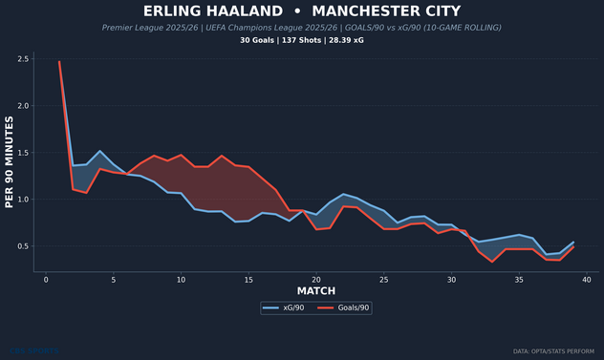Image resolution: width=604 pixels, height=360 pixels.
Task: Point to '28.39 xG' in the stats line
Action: (x=345, y=41)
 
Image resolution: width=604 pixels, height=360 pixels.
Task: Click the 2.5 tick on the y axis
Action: (x=23, y=59)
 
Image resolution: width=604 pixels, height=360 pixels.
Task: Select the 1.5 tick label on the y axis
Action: (x=23, y=153)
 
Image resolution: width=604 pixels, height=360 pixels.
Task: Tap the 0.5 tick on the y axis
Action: (x=23, y=246)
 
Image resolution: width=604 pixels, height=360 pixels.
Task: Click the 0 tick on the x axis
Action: (x=46, y=280)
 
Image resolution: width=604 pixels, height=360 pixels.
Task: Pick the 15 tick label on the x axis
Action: (x=248, y=280)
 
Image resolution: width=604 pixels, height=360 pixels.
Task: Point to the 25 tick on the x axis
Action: (x=383, y=280)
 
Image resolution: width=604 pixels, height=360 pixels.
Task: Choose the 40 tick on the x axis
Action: (x=586, y=280)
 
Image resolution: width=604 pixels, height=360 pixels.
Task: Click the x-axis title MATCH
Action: (x=315, y=291)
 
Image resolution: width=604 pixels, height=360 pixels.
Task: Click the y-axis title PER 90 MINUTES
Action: (x=10, y=162)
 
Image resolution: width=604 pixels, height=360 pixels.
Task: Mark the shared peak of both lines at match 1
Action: (x=59, y=62)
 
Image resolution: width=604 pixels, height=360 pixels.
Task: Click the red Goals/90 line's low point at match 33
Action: (x=492, y=262)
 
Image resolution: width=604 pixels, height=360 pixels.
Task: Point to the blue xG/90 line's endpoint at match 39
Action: (x=573, y=242)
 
